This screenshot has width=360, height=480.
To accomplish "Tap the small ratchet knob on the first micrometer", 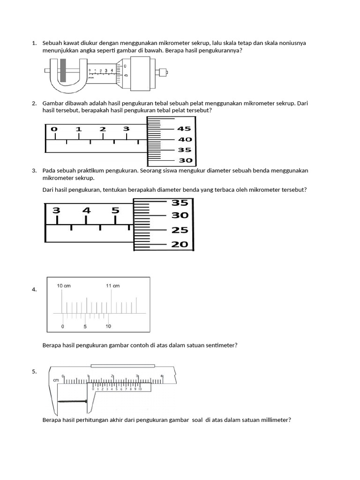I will [163, 73].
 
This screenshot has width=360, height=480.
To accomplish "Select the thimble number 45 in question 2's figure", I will [184, 129].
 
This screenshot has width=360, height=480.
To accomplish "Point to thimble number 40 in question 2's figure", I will [185, 139].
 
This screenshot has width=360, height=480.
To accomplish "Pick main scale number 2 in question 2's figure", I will [103, 129].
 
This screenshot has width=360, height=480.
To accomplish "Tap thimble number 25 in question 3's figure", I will [180, 230].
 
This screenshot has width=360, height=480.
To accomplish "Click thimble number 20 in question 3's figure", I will [180, 244].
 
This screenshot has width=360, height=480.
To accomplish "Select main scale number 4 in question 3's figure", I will [86, 210].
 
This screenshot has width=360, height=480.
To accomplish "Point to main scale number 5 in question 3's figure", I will [115, 210].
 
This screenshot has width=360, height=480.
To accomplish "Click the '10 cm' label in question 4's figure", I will [64, 285].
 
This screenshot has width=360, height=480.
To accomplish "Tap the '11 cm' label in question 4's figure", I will [112, 285].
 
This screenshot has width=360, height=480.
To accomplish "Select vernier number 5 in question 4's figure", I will [85, 326].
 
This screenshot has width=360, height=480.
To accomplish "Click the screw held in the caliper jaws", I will [73, 401].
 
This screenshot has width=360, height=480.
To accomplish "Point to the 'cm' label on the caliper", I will [56, 381].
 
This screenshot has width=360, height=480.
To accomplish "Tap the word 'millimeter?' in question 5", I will [275, 420].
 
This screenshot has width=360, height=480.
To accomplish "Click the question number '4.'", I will [34, 290].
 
